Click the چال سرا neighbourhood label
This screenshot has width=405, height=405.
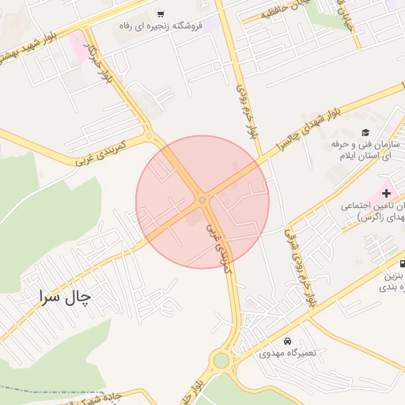tap(65, 297)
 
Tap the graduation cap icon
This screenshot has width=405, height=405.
tap(365, 132)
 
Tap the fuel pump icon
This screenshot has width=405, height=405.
tap(403, 264)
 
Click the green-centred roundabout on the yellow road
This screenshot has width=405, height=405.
tap(221, 362)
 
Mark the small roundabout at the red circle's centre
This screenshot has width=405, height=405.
tap(202, 201)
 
